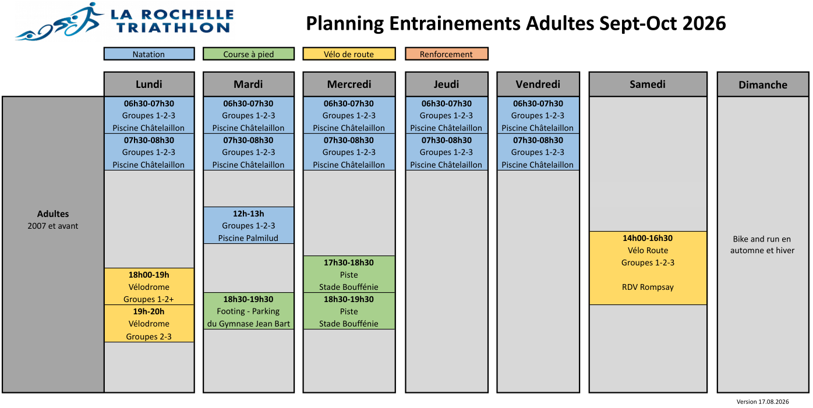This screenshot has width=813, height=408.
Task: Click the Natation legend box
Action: [x=149, y=54]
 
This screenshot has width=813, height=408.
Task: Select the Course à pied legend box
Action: [x=249, y=54]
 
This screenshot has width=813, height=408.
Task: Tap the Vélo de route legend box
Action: [x=349, y=54]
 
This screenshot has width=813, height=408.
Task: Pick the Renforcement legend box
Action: [x=447, y=54]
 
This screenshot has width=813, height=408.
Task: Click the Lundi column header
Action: [x=149, y=84]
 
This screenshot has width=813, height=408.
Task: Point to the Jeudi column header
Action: [x=447, y=84]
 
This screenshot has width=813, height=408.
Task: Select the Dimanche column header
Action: [x=763, y=84]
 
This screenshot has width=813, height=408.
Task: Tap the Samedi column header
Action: [x=648, y=84]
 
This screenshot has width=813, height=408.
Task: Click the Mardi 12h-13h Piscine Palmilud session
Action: [x=249, y=225]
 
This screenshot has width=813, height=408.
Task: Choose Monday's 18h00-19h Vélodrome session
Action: [x=149, y=286]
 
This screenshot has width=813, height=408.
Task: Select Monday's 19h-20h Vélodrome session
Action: [x=149, y=324]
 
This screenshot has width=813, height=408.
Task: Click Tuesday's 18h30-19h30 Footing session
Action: [x=249, y=311]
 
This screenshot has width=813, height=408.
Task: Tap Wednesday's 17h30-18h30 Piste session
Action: [x=349, y=274]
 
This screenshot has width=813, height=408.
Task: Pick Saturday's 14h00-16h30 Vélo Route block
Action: [x=648, y=268]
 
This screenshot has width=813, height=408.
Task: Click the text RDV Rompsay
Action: [x=648, y=287]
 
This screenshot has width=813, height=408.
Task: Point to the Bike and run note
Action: [x=762, y=244]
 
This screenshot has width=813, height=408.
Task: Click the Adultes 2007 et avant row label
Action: [x=53, y=220]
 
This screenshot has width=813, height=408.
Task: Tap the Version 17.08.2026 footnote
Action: [x=762, y=402]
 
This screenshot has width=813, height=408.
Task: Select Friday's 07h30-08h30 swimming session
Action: [x=538, y=152]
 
